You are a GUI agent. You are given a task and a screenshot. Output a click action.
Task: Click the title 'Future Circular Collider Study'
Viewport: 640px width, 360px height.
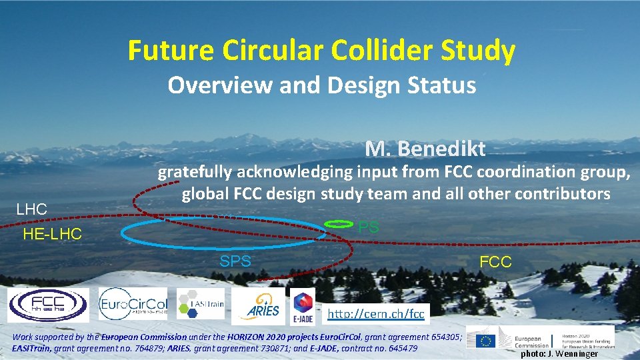click(x=321, y=51)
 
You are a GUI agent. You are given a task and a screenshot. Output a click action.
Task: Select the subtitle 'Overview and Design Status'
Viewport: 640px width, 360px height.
click(x=321, y=85)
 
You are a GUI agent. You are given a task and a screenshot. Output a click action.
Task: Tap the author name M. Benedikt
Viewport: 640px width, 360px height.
click(x=425, y=149)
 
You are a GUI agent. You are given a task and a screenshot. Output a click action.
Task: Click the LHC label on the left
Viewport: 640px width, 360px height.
click(x=31, y=209)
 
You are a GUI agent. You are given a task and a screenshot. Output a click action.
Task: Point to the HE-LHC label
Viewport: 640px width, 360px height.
click(x=52, y=234)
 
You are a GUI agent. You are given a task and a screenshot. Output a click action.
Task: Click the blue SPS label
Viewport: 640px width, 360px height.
click(x=235, y=261)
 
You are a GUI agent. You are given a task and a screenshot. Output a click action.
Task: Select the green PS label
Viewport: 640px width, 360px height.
click(x=369, y=227)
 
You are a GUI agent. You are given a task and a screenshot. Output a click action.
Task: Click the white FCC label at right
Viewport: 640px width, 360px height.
click(x=495, y=262)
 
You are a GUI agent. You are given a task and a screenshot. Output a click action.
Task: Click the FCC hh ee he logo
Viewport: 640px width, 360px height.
click(x=48, y=305)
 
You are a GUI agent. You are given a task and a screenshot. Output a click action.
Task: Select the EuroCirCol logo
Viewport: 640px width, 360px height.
click(x=134, y=305)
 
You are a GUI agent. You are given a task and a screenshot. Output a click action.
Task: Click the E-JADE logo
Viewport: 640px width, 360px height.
click(x=303, y=306)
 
